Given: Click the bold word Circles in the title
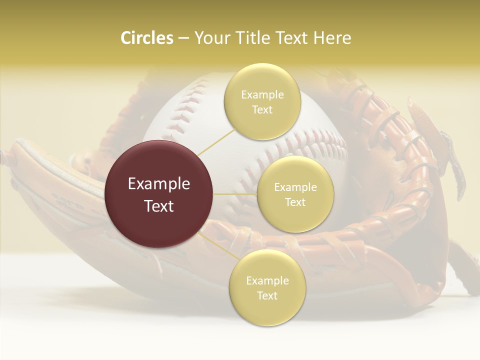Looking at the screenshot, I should [x=146, y=38].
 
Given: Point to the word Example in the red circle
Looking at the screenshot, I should [x=159, y=184].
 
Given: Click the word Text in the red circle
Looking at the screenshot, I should [x=159, y=206].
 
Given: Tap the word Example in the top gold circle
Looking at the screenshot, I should [x=262, y=95].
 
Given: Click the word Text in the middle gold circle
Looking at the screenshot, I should [x=295, y=202].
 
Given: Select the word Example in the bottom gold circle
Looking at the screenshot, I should [x=267, y=280].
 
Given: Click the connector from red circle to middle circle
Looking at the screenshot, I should [x=235, y=194].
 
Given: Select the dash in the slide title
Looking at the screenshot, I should [x=183, y=38].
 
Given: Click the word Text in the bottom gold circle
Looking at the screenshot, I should [x=267, y=295].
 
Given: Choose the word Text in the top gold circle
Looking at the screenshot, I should [x=262, y=109].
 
